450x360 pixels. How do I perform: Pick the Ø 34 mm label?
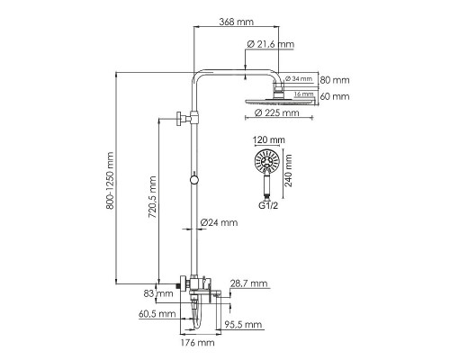300,79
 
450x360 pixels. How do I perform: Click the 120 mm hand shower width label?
269,141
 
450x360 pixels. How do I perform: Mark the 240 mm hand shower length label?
290,167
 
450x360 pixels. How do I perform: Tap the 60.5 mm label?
156,315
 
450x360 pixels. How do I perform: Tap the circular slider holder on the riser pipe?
193,183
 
